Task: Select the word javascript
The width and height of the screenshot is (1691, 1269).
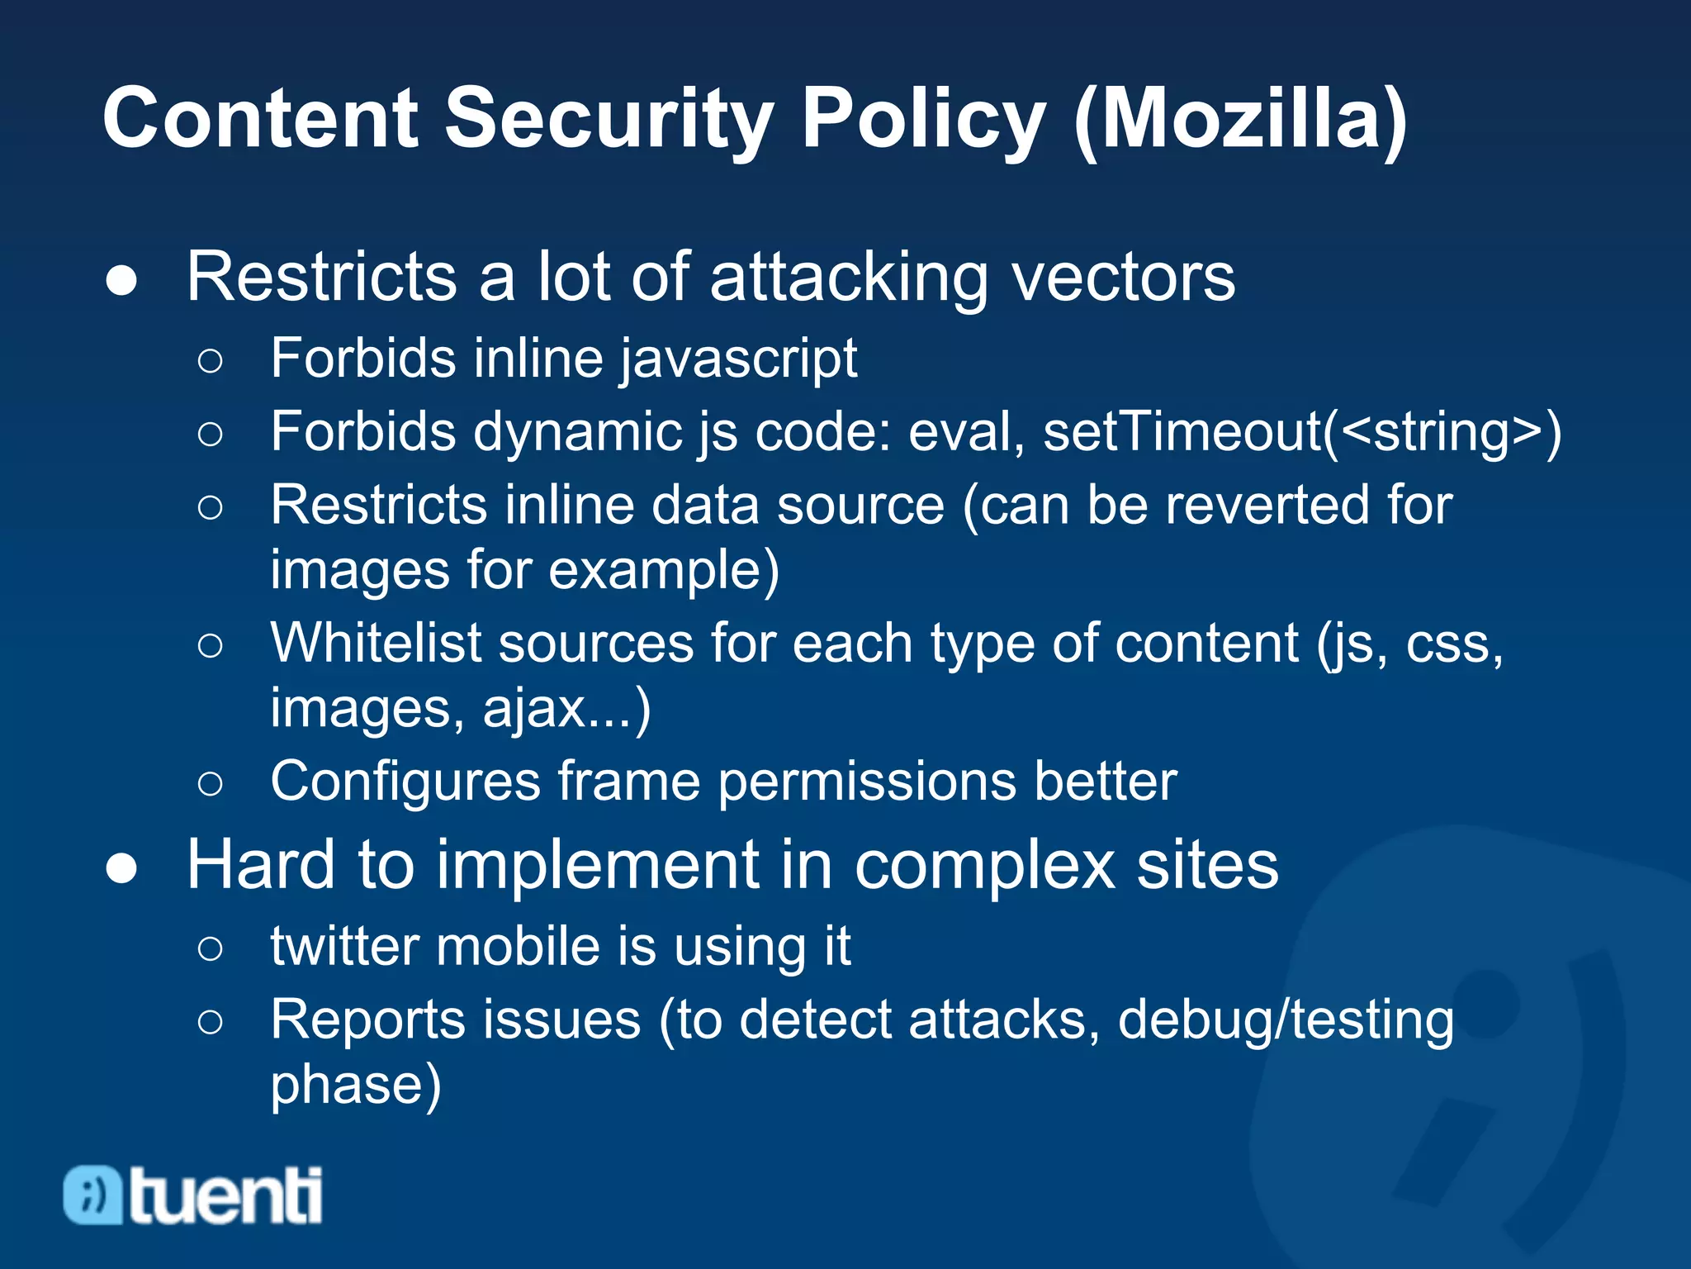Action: pyautogui.click(x=738, y=360)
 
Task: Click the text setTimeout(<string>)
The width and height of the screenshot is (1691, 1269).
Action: pyautogui.click(x=1302, y=432)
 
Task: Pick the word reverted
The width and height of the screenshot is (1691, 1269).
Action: pyautogui.click(x=1227, y=505)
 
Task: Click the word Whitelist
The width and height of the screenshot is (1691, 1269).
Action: pyautogui.click(x=376, y=644)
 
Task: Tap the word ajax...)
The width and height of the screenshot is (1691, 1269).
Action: pyautogui.click(x=566, y=709)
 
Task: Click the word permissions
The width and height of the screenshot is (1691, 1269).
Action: pyautogui.click(x=867, y=782)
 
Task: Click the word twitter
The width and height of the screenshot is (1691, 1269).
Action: pyautogui.click(x=343, y=947)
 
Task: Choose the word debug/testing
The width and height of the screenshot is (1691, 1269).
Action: pyautogui.click(x=1285, y=1020)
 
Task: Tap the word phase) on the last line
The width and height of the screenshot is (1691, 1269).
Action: pyautogui.click(x=356, y=1086)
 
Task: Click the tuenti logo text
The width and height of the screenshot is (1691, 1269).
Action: pyautogui.click(x=225, y=1195)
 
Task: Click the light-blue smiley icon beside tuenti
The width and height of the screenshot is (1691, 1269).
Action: pyautogui.click(x=92, y=1195)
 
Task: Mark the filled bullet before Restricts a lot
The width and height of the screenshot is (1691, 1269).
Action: pyautogui.click(x=121, y=281)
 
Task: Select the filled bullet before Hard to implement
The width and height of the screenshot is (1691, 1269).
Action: pyautogui.click(x=121, y=868)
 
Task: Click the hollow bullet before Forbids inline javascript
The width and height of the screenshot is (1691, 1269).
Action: pyautogui.click(x=211, y=361)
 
